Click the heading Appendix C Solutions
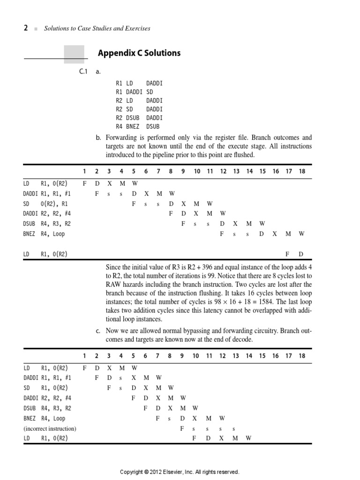tap(139, 53)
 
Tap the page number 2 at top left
tap(26, 28)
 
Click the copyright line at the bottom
tap(180, 472)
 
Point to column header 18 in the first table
tap(302, 171)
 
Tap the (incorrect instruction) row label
tap(50, 428)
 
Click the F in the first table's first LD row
tap(84, 183)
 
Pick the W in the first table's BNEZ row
tap(302, 233)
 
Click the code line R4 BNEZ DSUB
tap(137, 126)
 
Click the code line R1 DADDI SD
tap(134, 92)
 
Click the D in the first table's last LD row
tap(301, 254)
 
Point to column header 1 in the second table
tap(84, 356)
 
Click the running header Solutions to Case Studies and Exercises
tap(97, 29)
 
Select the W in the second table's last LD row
tap(248, 438)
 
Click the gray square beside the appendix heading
tap(74, 54)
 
